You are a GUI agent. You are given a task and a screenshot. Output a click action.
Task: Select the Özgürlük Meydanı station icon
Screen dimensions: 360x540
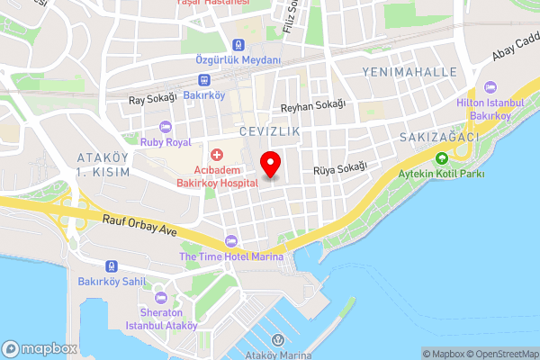(x=238, y=44)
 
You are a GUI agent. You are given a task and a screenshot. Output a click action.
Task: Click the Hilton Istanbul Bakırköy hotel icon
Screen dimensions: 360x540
(x=490, y=87)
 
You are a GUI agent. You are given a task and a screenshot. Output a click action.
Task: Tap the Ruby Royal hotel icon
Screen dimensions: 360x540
(x=164, y=126)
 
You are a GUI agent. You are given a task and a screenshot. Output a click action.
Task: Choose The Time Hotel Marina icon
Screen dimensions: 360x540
(x=231, y=241)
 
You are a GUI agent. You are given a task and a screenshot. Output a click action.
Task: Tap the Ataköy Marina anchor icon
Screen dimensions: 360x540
(x=277, y=339)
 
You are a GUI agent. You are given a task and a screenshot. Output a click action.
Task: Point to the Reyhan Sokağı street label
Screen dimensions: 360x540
(x=313, y=105)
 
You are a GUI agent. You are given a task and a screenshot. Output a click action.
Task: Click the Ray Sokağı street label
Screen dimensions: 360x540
(x=150, y=101)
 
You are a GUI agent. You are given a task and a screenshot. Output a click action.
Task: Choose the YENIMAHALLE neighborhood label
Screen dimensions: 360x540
(x=408, y=71)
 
